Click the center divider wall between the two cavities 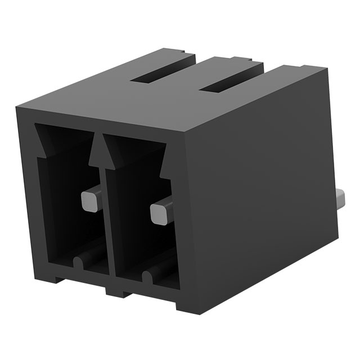click(x=105, y=225)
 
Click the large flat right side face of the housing click(x=264, y=186)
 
